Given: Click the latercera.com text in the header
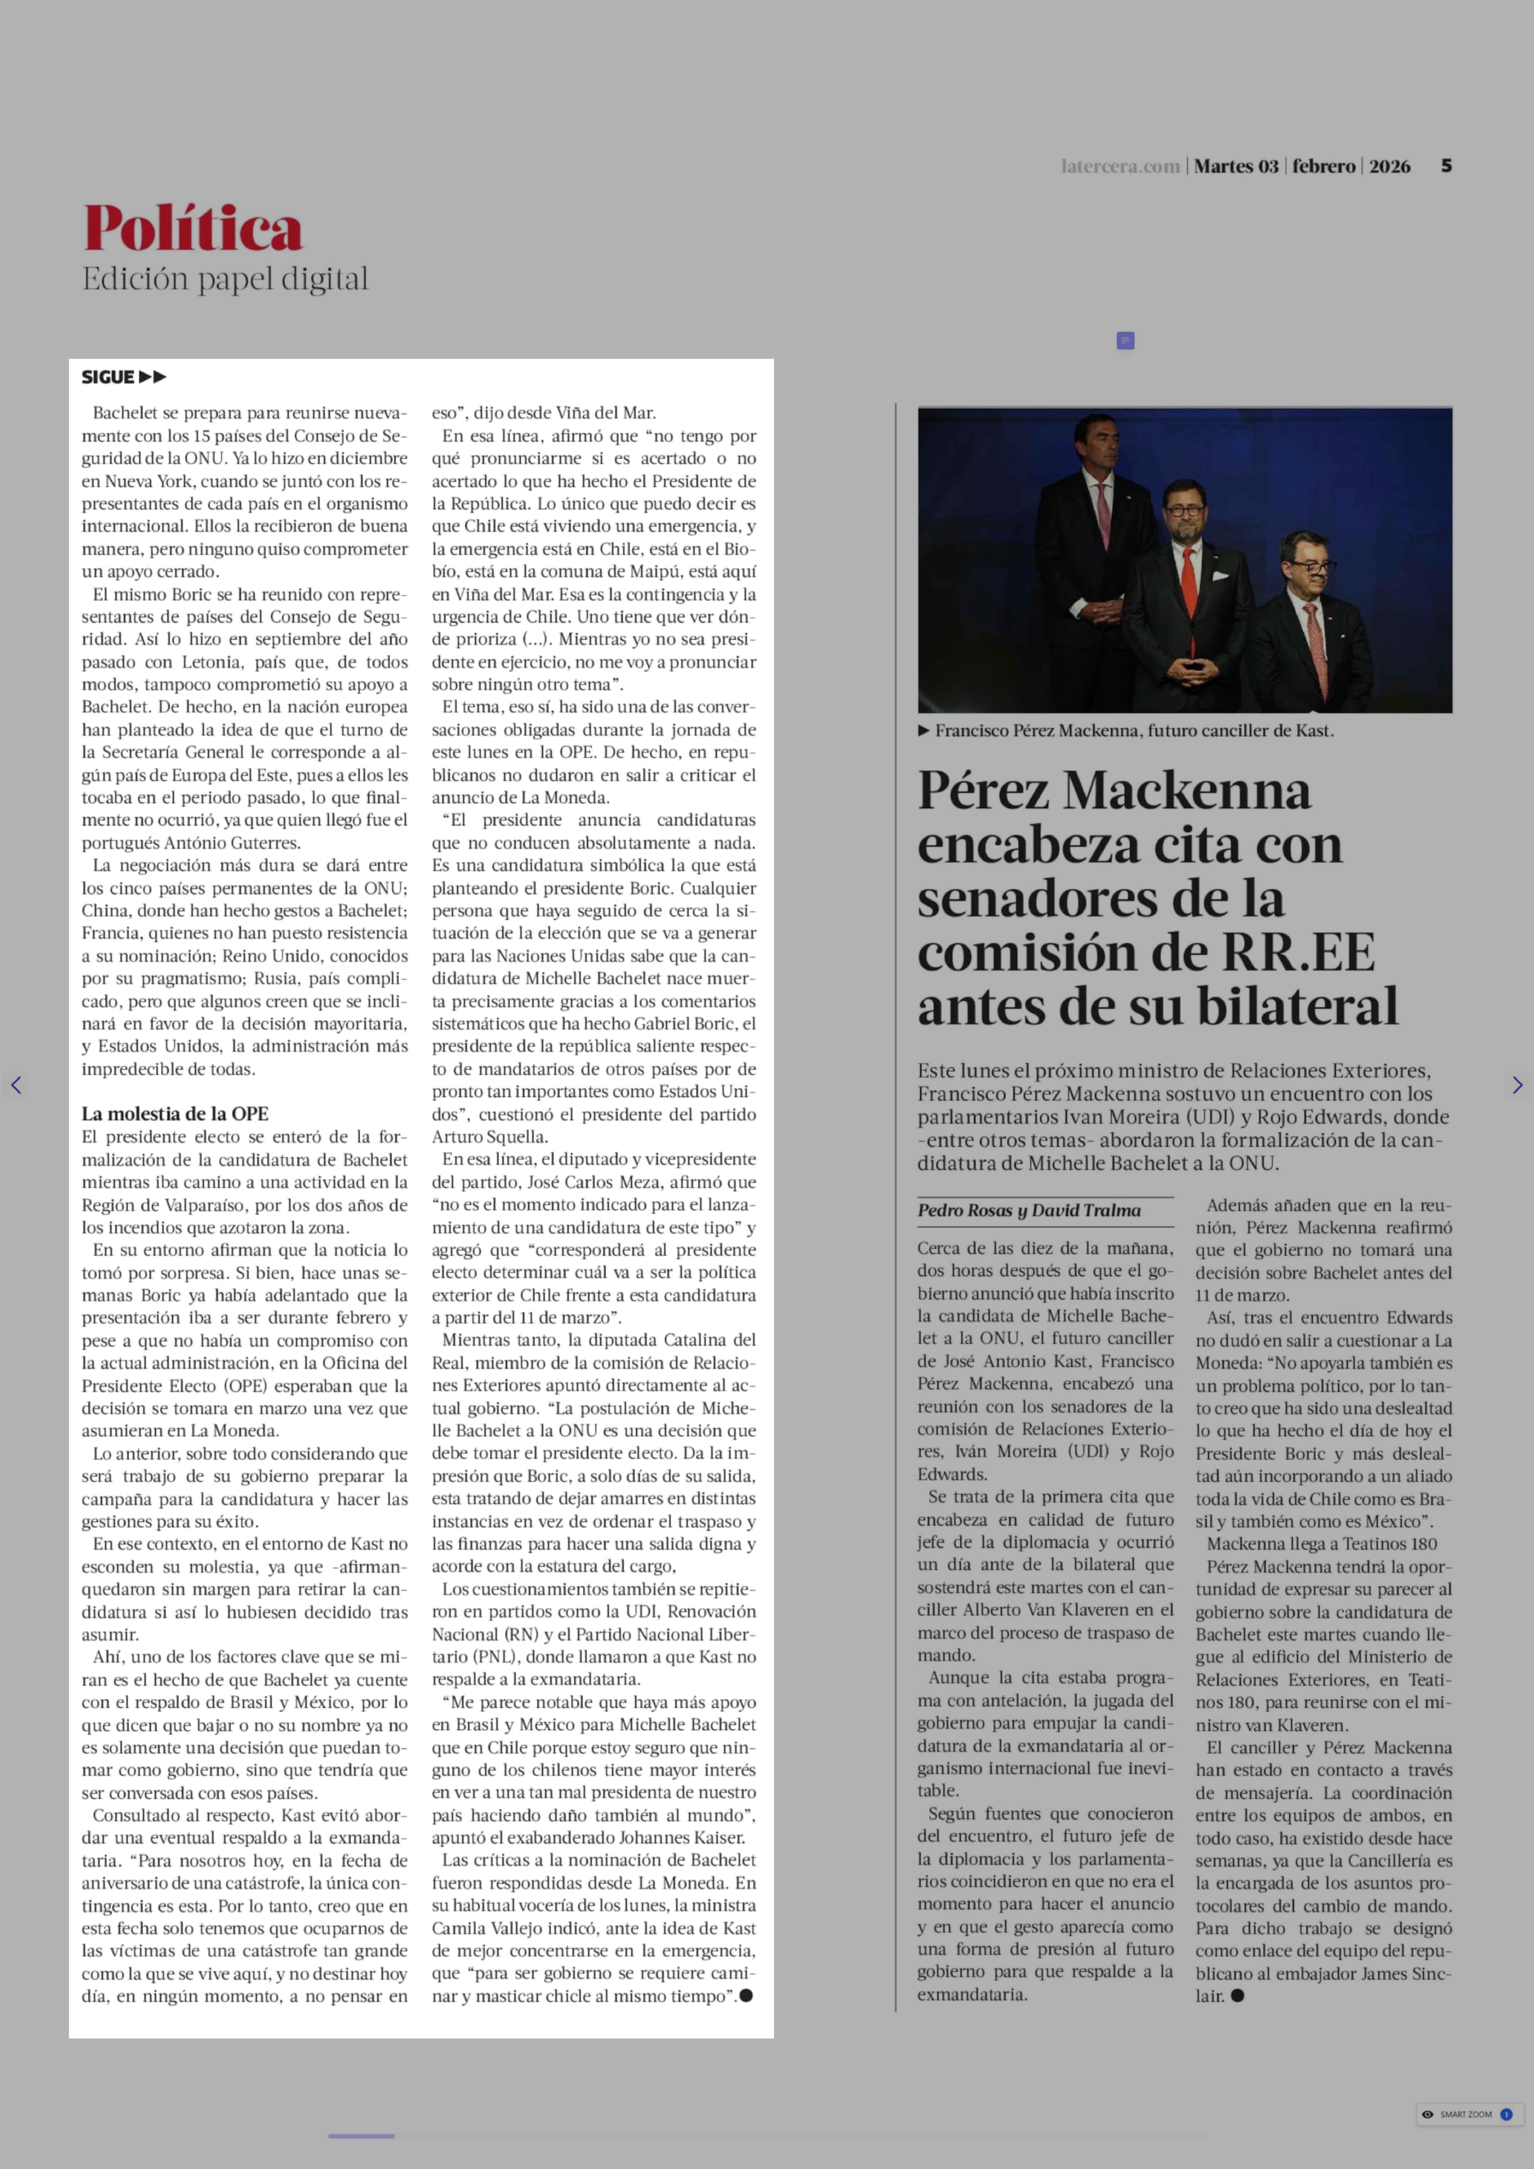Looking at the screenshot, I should (1120, 166).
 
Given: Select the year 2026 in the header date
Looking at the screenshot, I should (1389, 166).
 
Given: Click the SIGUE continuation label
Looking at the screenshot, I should (123, 377).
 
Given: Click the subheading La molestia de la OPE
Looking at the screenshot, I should (175, 1113).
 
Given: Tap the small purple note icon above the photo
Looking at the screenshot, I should (1125, 340).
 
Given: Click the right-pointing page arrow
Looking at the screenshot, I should (1517, 1085).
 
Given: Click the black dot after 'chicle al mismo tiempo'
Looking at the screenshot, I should (746, 1995).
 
